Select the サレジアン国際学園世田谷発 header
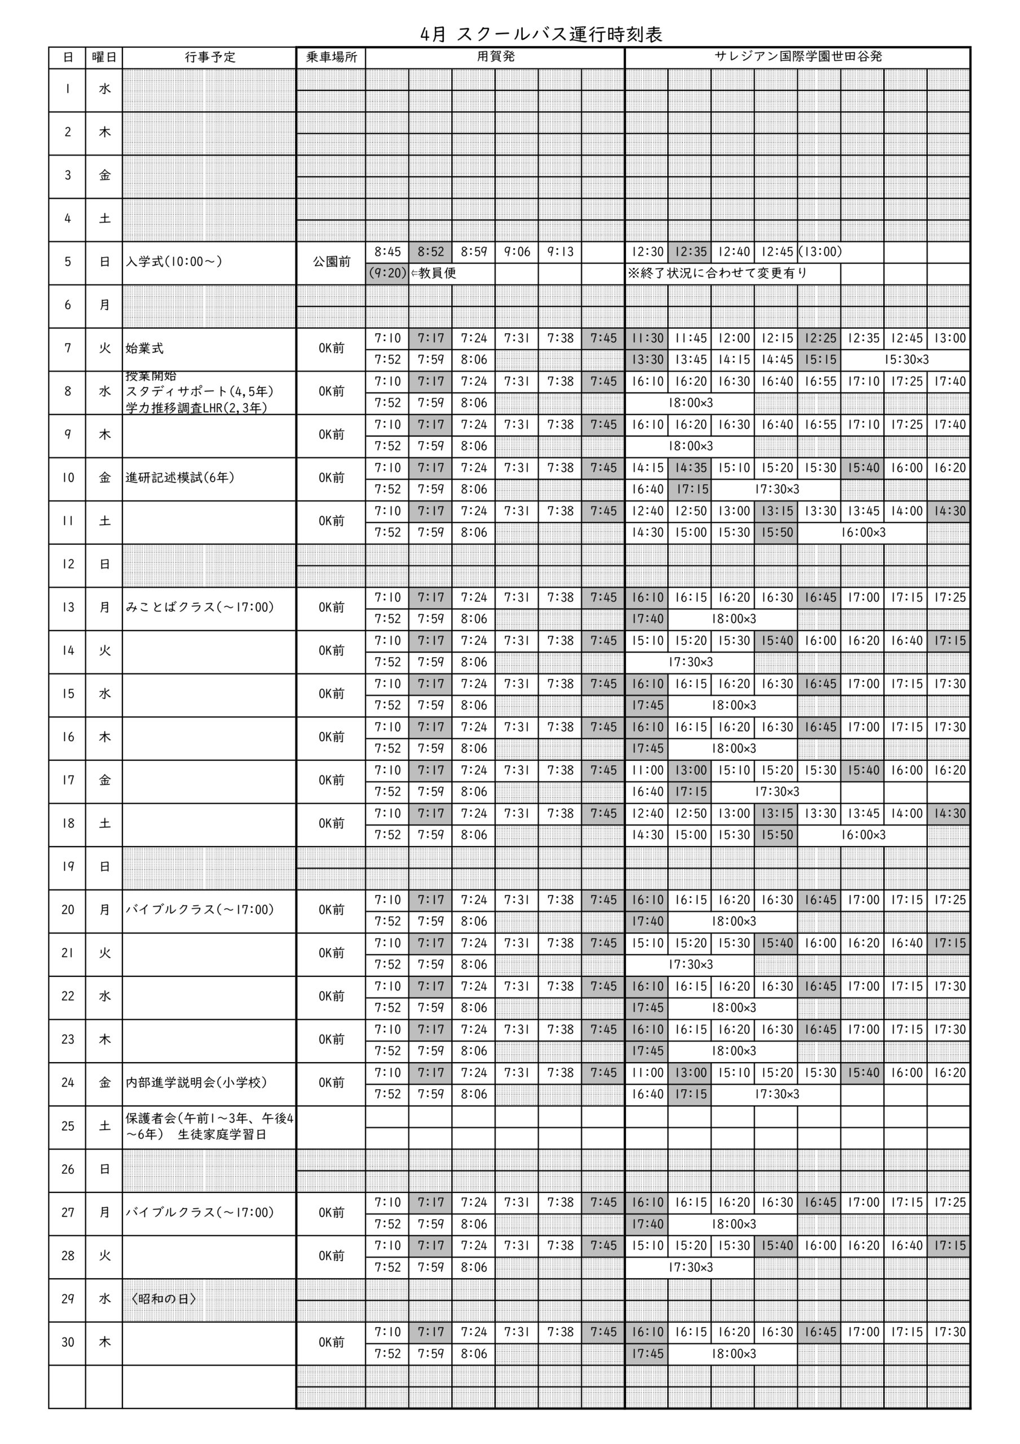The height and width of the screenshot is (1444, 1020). coord(797,56)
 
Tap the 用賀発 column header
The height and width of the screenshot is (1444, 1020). coord(496,56)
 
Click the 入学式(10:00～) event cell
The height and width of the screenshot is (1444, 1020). coord(174,262)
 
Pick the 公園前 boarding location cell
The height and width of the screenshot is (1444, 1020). coord(332,262)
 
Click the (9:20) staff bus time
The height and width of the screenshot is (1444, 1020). coord(387,273)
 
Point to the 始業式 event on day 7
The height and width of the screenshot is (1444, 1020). coord(145,349)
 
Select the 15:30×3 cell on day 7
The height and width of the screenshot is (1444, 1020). coord(906,360)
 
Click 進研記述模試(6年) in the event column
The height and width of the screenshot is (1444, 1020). coord(180,478)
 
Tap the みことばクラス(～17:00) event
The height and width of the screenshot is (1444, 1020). coord(200,607)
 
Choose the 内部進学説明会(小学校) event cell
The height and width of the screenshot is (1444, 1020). coord(196,1082)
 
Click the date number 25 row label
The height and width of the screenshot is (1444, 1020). coord(68,1126)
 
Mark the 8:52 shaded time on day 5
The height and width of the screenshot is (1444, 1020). coord(431,252)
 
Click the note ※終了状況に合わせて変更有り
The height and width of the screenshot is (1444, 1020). coord(717,273)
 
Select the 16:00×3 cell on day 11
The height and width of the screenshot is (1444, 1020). coord(863,532)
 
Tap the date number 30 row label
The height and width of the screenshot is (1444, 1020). coord(68,1342)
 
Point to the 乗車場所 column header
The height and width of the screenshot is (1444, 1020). coord(332,57)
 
